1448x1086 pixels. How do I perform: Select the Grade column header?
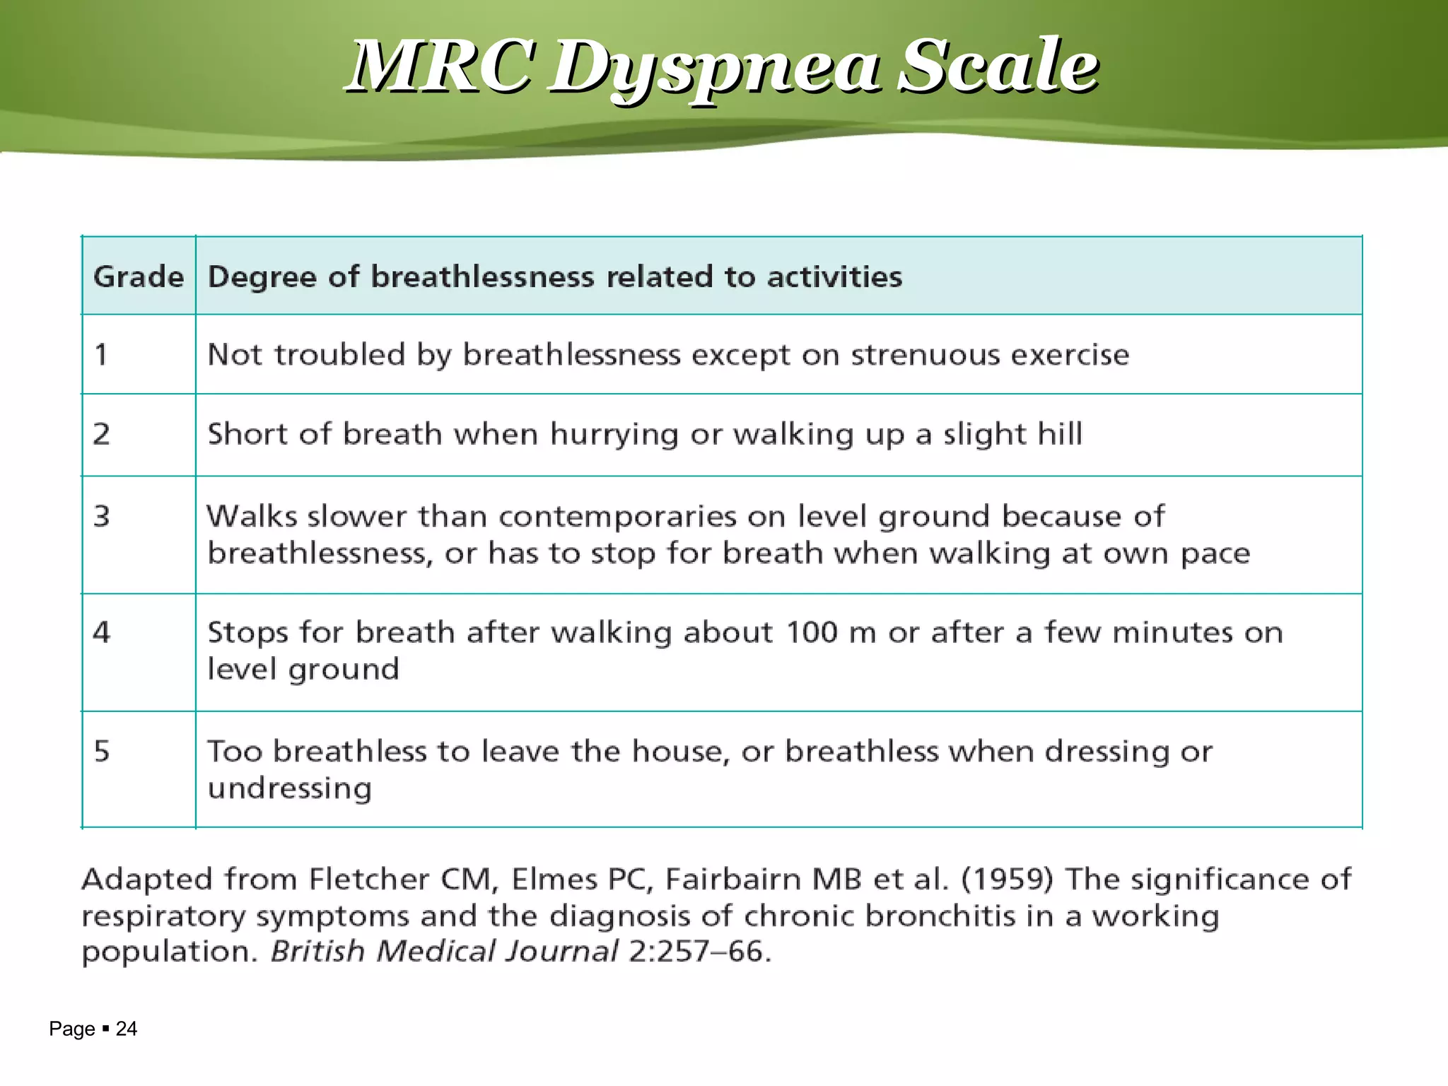139,276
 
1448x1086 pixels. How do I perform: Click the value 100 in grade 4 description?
812,632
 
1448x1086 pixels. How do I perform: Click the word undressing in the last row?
289,788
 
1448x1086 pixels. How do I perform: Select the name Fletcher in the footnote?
369,879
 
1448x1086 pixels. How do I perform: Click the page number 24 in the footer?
126,1029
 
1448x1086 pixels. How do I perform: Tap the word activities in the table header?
834,276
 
